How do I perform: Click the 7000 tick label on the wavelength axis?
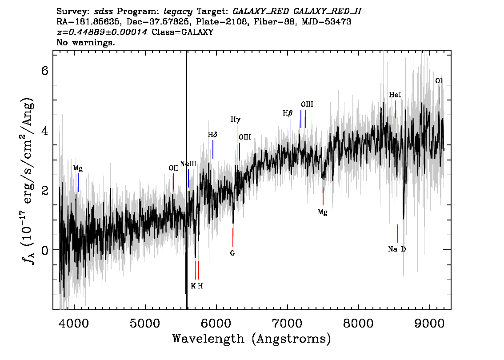[288, 323]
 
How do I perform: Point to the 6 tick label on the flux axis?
[45, 70]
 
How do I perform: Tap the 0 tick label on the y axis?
[45, 250]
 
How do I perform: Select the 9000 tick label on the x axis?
[429, 323]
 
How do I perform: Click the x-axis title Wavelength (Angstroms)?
[252, 339]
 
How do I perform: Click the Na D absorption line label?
[397, 249]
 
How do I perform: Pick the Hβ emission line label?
[288, 113]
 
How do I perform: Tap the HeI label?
[395, 95]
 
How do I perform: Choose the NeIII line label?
[188, 164]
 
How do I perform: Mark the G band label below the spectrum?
[232, 253]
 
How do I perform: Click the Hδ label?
[212, 135]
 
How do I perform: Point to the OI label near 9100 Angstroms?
[439, 81]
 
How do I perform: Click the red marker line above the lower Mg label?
[323, 196]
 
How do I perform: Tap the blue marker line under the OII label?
[174, 182]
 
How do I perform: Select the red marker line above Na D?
[397, 233]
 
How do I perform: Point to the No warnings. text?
[85, 42]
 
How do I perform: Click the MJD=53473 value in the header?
[326, 22]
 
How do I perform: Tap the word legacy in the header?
[178, 12]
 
